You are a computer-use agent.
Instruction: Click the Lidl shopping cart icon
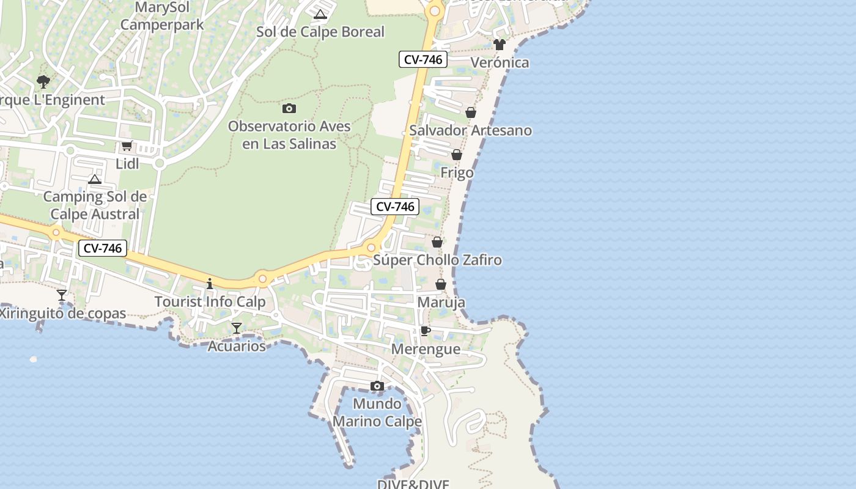pyautogui.click(x=127, y=145)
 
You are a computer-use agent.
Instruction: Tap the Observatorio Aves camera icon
pyautogui.click(x=289, y=108)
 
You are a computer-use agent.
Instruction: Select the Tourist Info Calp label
pyautogui.click(x=210, y=301)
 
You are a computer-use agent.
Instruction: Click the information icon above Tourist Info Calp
pyautogui.click(x=210, y=284)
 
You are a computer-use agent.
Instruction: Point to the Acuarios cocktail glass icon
pyautogui.click(x=237, y=328)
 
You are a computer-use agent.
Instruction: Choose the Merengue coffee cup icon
pyautogui.click(x=426, y=331)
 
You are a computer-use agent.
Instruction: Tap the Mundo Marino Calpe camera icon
pyautogui.click(x=377, y=386)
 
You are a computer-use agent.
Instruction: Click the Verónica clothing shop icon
pyautogui.click(x=500, y=44)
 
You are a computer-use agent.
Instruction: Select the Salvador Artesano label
pyautogui.click(x=470, y=130)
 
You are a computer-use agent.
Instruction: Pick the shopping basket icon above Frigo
pyautogui.click(x=457, y=155)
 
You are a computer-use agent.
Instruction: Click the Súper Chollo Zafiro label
pyautogui.click(x=437, y=260)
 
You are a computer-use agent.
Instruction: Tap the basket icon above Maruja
pyautogui.click(x=441, y=284)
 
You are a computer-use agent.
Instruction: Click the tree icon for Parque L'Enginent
pyautogui.click(x=43, y=81)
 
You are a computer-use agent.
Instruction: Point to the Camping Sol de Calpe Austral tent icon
pyautogui.click(x=95, y=179)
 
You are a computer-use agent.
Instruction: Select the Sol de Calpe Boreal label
pyautogui.click(x=320, y=32)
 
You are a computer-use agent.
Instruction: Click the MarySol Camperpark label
pyautogui.click(x=161, y=17)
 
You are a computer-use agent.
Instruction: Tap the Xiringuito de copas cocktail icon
pyautogui.click(x=62, y=295)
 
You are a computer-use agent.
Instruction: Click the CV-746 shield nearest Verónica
pyautogui.click(x=423, y=59)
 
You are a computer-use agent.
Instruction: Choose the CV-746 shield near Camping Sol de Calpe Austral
pyautogui.click(x=103, y=248)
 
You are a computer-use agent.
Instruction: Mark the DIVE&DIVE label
pyautogui.click(x=413, y=484)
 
